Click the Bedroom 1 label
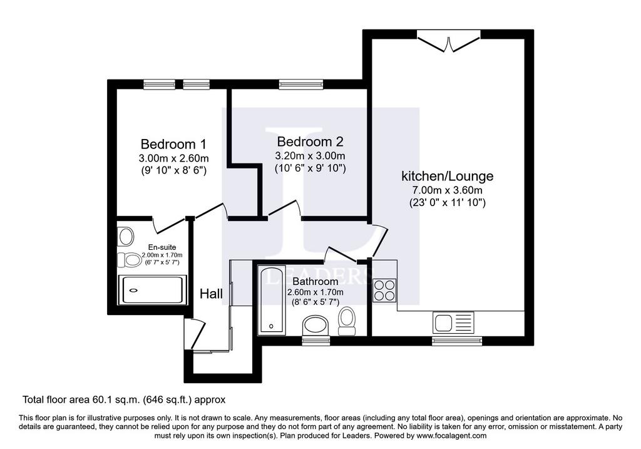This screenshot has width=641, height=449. tap(173, 144)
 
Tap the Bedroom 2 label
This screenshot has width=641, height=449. tap(310, 142)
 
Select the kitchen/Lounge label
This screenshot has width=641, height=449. tap(447, 176)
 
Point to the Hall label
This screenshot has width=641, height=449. tap(211, 294)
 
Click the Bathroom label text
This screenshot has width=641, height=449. tap(315, 281)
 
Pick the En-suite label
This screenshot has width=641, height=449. tap(162, 247)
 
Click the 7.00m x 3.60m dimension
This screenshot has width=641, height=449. tap(447, 190)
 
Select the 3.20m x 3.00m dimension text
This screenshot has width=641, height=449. tap(310, 156)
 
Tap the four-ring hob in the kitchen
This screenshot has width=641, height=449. tap(384, 290)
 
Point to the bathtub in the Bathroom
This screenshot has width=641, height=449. tap(272, 301)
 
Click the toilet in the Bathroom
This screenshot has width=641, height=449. tap(347, 321)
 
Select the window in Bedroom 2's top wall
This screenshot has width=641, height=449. tap(301, 85)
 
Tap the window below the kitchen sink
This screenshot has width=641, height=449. tap(457, 341)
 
